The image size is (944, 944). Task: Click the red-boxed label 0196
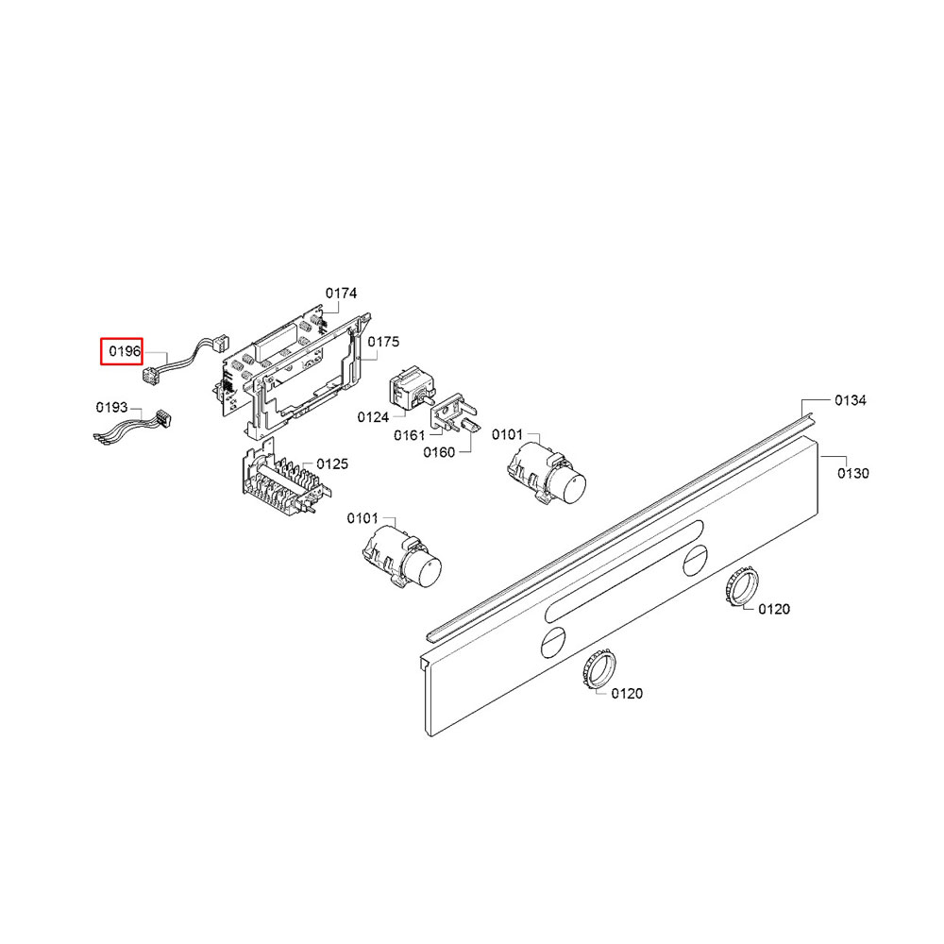click(124, 351)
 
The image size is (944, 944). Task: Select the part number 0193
click(111, 408)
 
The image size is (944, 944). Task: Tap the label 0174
click(341, 294)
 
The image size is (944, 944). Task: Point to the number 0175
click(383, 342)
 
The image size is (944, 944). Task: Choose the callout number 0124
click(373, 417)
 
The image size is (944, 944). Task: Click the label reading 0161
click(410, 435)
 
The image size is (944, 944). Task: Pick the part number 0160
click(439, 452)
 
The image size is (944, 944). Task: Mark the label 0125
click(332, 464)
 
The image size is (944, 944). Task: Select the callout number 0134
click(851, 400)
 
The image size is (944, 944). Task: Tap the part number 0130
click(853, 474)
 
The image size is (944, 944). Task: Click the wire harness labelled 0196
click(185, 361)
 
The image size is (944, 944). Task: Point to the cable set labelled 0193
click(133, 427)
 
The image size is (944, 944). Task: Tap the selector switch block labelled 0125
click(284, 479)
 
